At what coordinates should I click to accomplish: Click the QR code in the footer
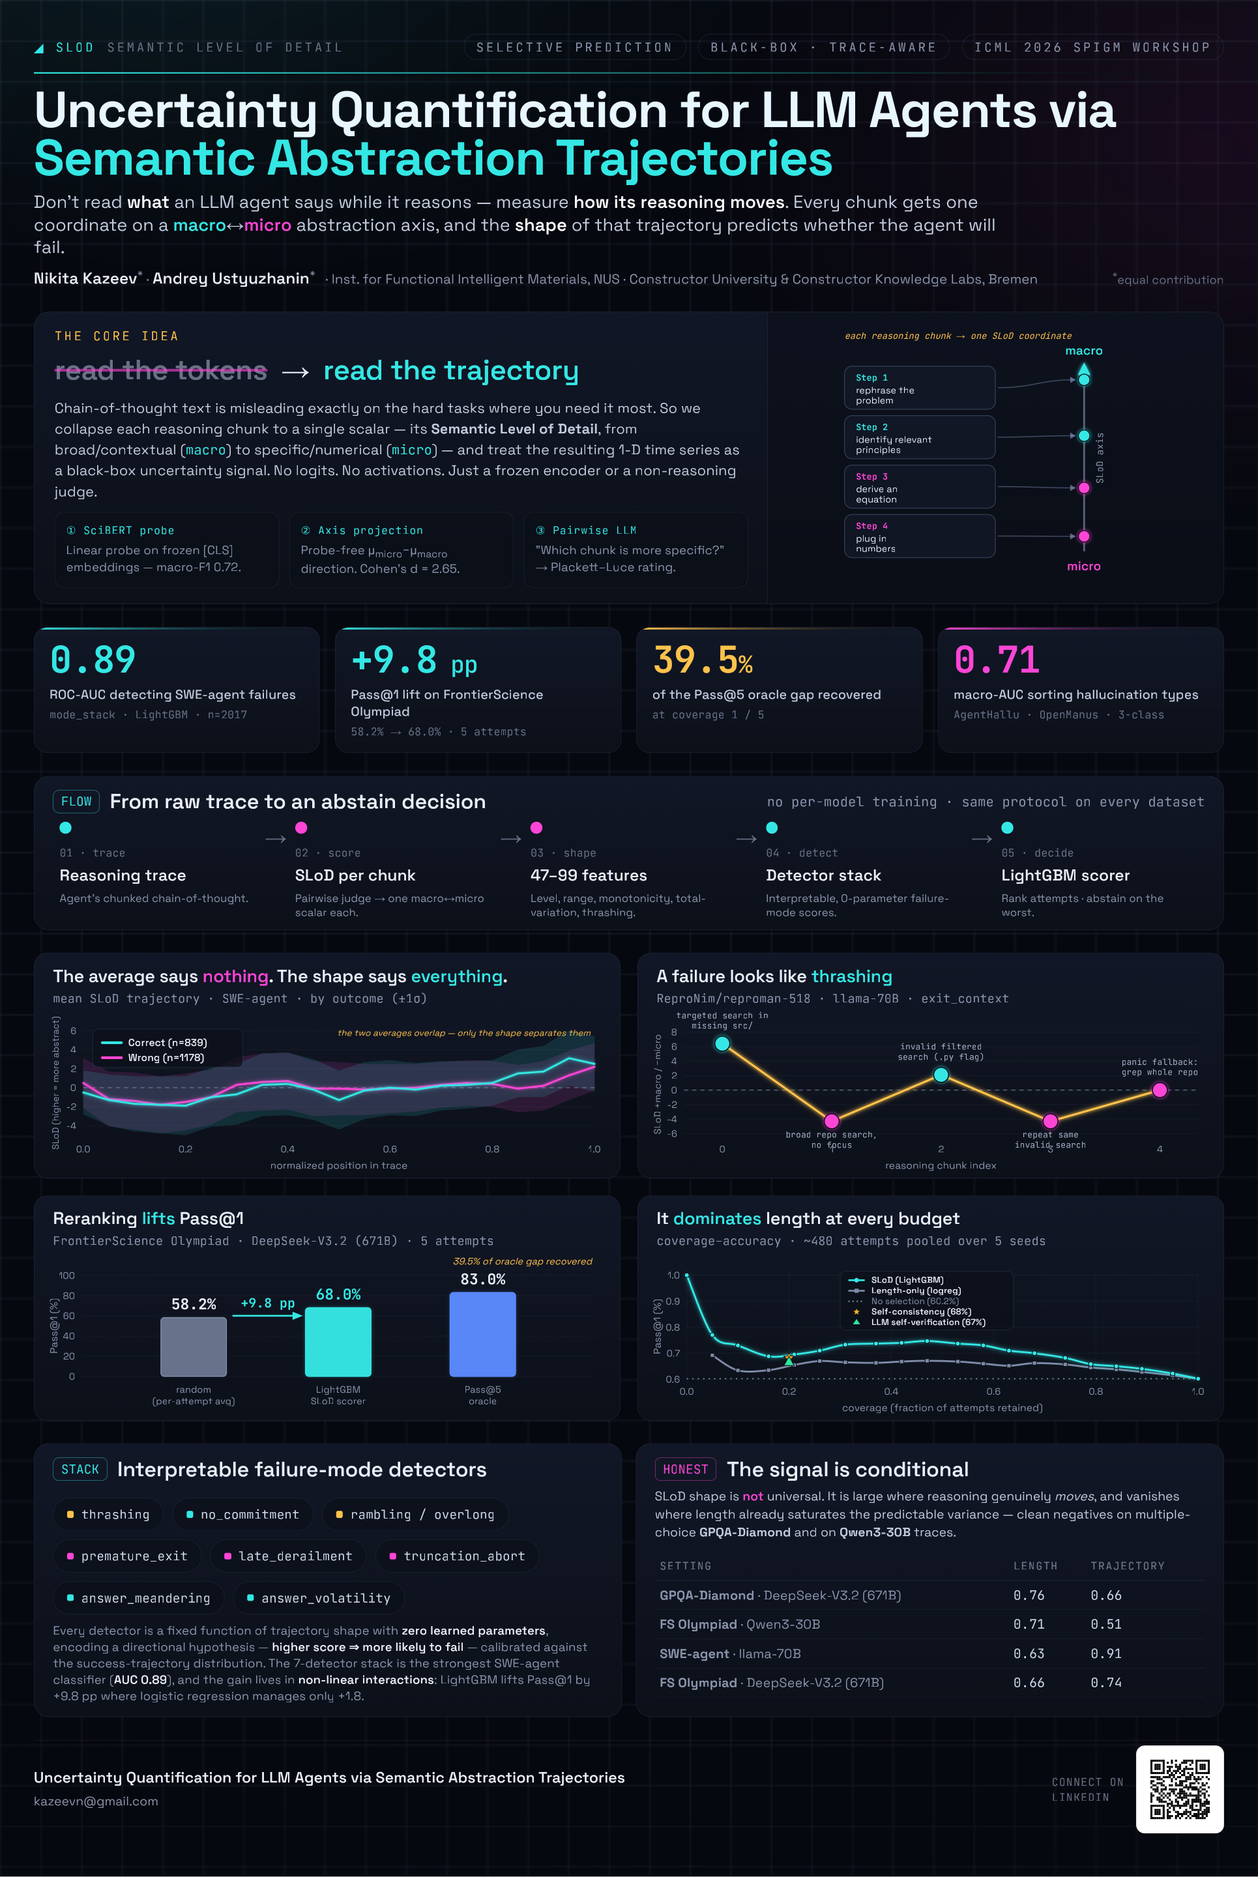point(1179,1789)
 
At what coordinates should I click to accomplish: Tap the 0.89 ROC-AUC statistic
point(93,660)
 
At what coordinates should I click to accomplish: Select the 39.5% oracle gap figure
point(703,660)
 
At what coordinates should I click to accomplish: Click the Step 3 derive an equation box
point(920,487)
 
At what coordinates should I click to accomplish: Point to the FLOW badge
point(76,802)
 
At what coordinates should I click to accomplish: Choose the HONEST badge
point(685,1469)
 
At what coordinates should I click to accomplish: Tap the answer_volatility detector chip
point(319,1598)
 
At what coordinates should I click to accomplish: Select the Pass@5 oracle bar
point(482,1334)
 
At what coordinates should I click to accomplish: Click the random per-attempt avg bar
point(194,1346)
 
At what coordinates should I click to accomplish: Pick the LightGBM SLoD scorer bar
point(338,1342)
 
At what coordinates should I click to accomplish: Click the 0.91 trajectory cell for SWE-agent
point(1105,1653)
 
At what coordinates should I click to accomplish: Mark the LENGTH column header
point(1035,1565)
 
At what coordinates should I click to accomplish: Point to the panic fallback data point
point(1160,1090)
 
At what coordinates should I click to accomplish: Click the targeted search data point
point(722,1043)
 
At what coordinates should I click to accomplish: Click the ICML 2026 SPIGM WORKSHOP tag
point(1092,48)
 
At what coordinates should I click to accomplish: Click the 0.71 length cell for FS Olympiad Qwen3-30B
point(1029,1624)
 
